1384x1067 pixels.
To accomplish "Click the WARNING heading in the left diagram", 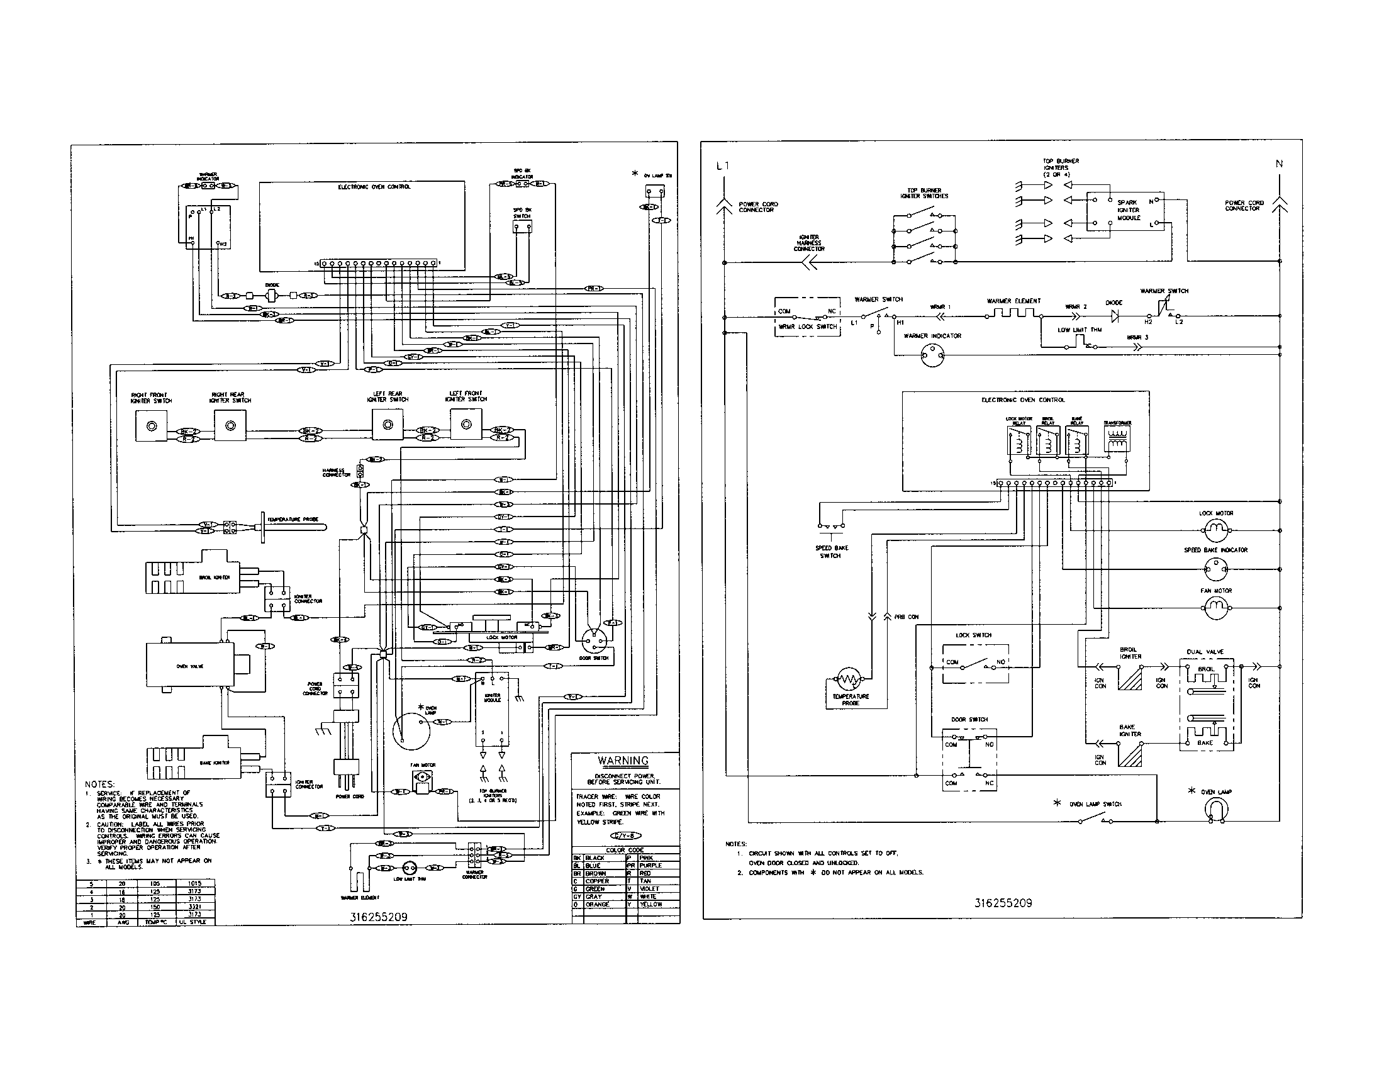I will coord(623,761).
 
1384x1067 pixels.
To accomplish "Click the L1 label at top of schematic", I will coord(722,166).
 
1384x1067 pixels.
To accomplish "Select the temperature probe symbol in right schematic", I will coord(849,680).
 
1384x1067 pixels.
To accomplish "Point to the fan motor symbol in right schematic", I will coord(1215,608).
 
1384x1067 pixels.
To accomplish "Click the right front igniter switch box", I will coord(152,426).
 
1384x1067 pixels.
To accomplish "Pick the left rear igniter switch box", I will coord(387,425).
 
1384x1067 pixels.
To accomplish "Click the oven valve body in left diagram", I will coord(190,666).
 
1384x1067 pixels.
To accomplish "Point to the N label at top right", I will coord(1279,164).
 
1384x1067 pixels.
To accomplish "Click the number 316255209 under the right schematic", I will coord(1003,903).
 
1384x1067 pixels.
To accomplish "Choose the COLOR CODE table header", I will coord(625,850).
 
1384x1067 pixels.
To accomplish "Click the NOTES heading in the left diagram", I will coord(99,785).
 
